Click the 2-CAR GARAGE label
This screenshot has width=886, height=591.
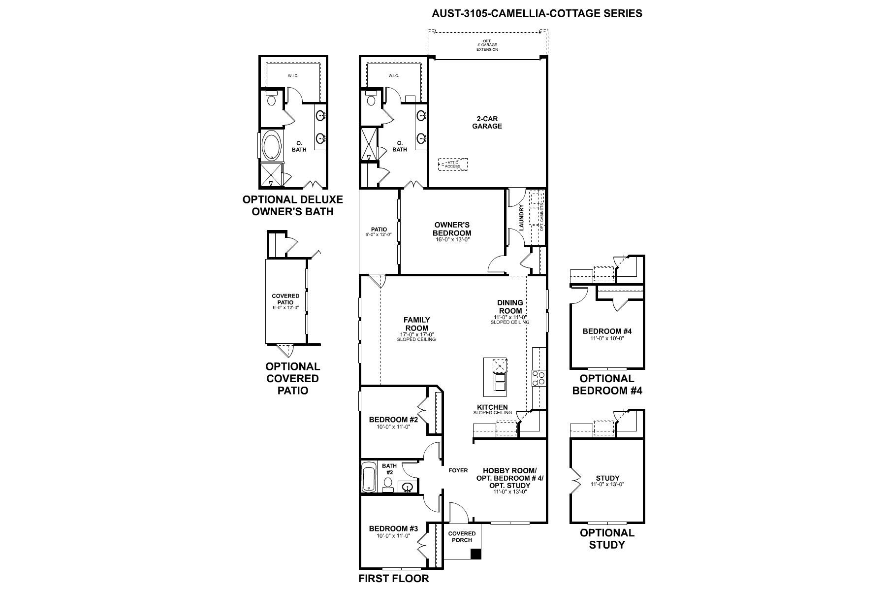pyautogui.click(x=487, y=122)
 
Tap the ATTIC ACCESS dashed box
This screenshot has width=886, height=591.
pyautogui.click(x=453, y=164)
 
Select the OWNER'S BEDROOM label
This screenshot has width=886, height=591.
pyautogui.click(x=452, y=229)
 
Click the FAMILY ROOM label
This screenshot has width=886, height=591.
pyautogui.click(x=417, y=324)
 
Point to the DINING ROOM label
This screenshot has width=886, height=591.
pyautogui.click(x=510, y=306)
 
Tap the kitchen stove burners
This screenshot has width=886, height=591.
pyautogui.click(x=538, y=378)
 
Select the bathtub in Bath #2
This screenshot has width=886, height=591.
pyautogui.click(x=368, y=477)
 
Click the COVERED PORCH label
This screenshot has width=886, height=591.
pyautogui.click(x=462, y=537)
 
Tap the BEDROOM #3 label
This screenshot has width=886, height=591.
pyautogui.click(x=393, y=528)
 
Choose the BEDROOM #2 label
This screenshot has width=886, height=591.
pyautogui.click(x=393, y=420)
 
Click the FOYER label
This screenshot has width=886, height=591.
pyautogui.click(x=458, y=470)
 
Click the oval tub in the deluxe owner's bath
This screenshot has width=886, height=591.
pyautogui.click(x=270, y=146)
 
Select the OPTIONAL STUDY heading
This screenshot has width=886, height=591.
pyautogui.click(x=607, y=538)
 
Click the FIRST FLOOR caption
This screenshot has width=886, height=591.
pyautogui.click(x=393, y=578)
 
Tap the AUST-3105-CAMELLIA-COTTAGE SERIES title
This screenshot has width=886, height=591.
pyautogui.click(x=537, y=13)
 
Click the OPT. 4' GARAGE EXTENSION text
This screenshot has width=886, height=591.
pyautogui.click(x=487, y=45)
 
